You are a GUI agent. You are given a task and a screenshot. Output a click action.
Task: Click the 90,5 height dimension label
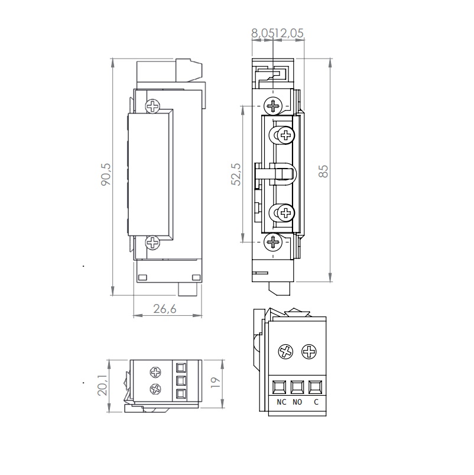pos(106,175)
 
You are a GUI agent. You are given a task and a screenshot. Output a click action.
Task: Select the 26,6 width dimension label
pos(165,309)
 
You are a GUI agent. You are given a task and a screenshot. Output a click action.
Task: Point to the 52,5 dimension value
pos(236,174)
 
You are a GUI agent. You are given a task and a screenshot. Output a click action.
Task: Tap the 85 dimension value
pos(323,171)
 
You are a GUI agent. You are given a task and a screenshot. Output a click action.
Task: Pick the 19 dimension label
pos(215,383)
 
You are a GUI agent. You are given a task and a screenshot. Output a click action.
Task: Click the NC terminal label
pos(281,402)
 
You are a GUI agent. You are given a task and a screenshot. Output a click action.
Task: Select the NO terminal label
pos(297,402)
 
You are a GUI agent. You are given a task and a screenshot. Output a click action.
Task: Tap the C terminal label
pos(316,402)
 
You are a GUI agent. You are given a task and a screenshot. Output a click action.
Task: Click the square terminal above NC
pos(280,387)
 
